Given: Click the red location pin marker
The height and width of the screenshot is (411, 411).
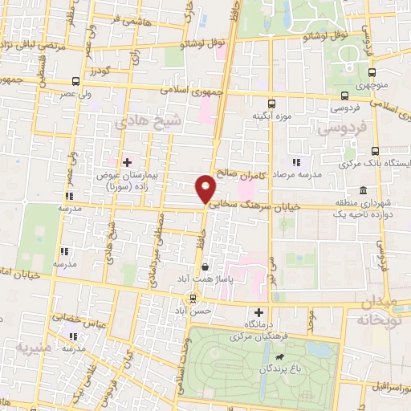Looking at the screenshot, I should [x=206, y=189].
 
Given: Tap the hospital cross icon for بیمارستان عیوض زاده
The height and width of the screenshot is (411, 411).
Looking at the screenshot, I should [x=127, y=162].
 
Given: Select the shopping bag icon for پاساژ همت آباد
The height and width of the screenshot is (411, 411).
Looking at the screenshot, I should [x=206, y=267].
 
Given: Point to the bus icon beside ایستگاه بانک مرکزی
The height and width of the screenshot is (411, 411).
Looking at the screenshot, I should [x=375, y=150].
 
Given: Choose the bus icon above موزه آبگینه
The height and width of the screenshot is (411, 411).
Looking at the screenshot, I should [x=271, y=104].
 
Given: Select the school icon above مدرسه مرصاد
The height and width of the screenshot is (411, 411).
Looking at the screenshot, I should [x=296, y=162].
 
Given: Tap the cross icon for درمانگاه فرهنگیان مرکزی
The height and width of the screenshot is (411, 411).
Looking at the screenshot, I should [x=258, y=312].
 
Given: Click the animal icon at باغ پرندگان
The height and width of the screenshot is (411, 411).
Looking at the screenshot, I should [x=278, y=356].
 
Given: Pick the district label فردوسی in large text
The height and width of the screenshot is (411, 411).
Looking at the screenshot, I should [x=340, y=128].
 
